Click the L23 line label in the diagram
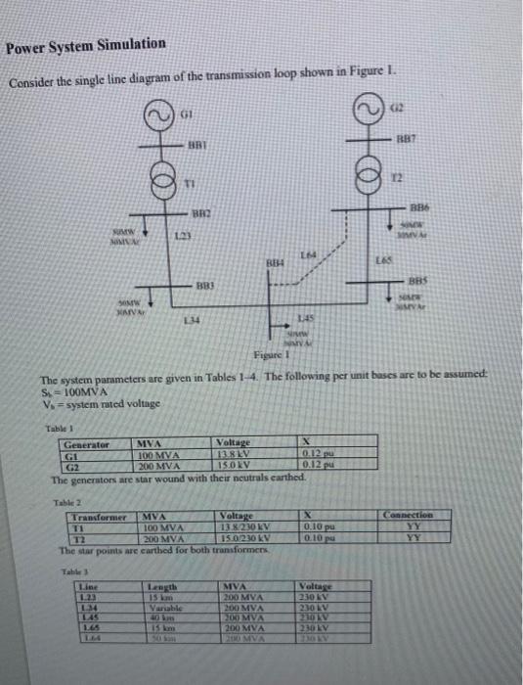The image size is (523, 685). coord(180,238)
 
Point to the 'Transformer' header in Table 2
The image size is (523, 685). coord(100,514)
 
